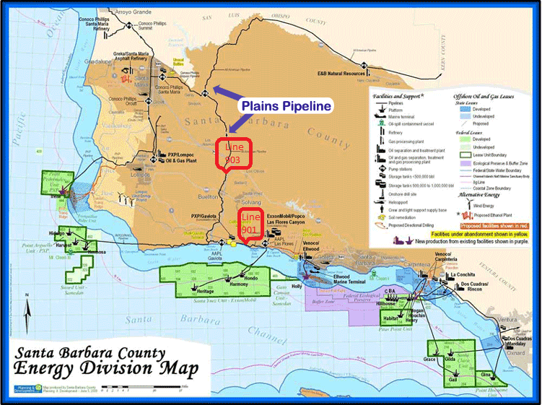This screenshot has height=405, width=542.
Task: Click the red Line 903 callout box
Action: [x=234, y=153]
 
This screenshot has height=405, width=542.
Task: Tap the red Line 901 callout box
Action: [x=250, y=224]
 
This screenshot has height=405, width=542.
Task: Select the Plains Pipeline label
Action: [x=286, y=105]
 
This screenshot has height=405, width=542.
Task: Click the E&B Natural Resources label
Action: [x=341, y=73]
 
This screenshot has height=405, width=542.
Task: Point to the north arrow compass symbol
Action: [x=27, y=312]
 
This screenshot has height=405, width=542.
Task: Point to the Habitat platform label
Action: [x=392, y=317]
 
